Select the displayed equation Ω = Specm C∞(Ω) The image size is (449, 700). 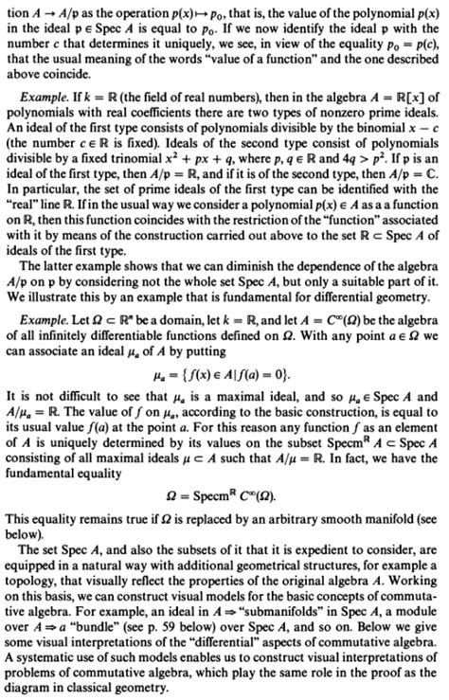click(x=224, y=499)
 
